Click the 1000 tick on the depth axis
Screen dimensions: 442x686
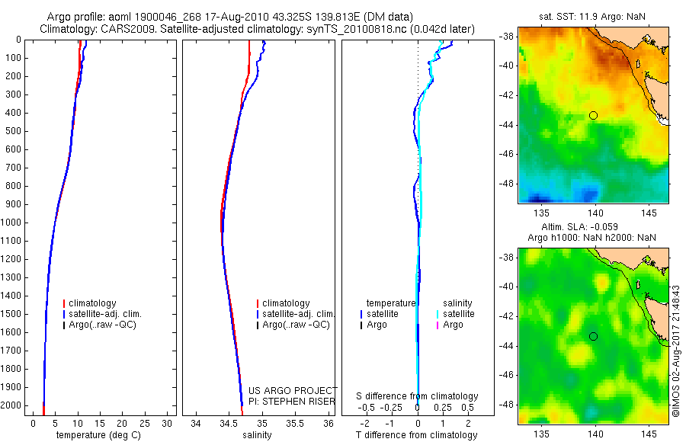click(12, 223)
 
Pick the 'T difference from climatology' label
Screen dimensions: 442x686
click(417, 435)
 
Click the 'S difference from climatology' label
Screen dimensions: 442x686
click(417, 396)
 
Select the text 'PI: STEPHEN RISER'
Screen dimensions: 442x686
click(292, 401)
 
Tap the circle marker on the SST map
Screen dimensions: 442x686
click(593, 115)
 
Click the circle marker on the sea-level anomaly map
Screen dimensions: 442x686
click(593, 336)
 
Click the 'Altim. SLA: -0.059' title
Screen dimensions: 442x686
click(593, 227)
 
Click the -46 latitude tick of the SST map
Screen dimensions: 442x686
click(508, 154)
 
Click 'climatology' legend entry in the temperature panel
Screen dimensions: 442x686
click(91, 303)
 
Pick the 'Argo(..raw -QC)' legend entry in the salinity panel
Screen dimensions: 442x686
click(295, 325)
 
